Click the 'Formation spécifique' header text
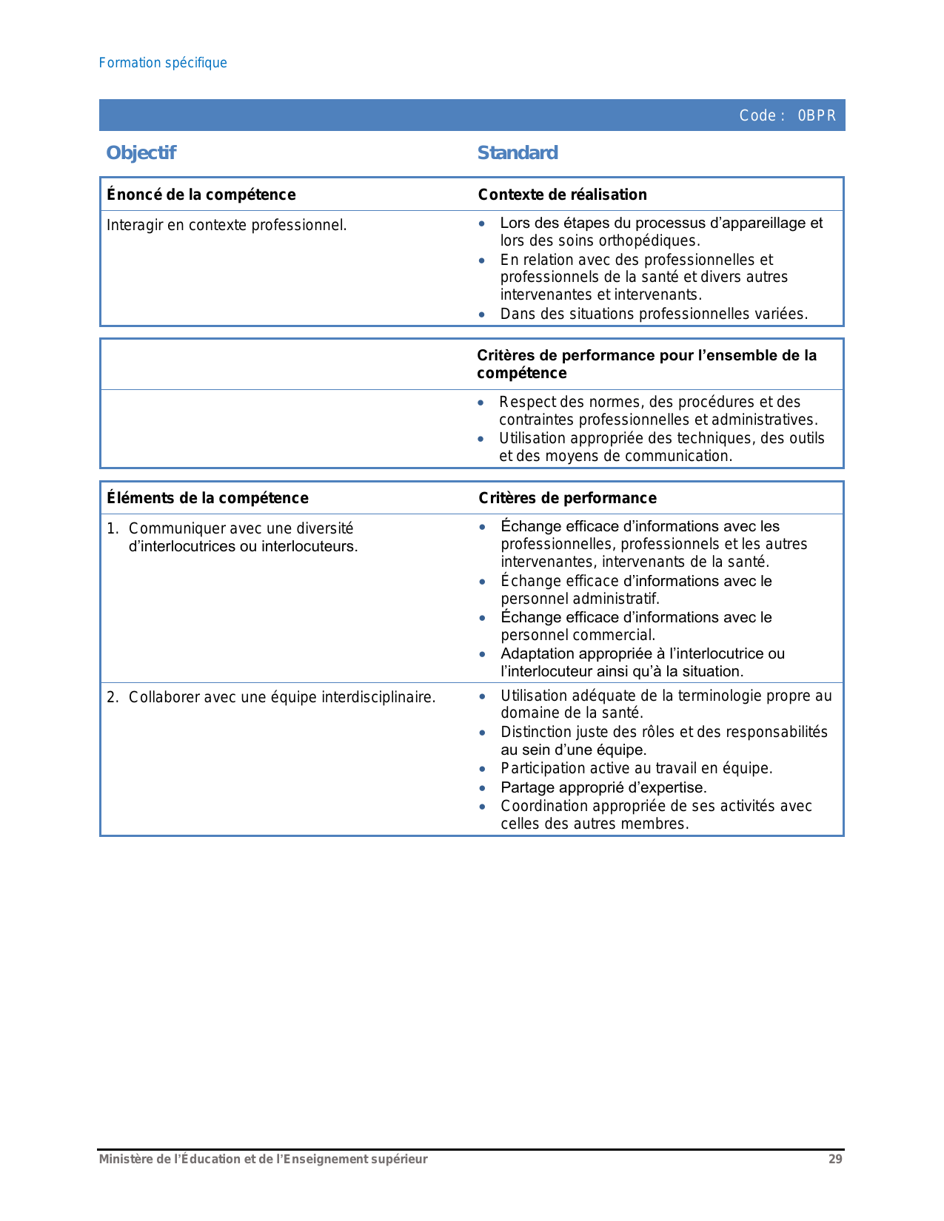[x=163, y=63]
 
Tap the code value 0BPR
[x=817, y=115]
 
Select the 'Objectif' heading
[x=141, y=153]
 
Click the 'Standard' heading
[x=518, y=153]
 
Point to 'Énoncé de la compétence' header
[x=201, y=195]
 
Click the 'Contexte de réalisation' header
[x=562, y=195]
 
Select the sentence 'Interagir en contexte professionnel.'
[x=227, y=225]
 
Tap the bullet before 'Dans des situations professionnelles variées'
[x=482, y=314]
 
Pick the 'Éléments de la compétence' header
[x=207, y=498]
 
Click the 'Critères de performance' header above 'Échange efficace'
[x=567, y=498]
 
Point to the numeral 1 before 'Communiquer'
[x=111, y=528]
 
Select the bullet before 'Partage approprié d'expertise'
[x=483, y=788]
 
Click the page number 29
[x=835, y=1160]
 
